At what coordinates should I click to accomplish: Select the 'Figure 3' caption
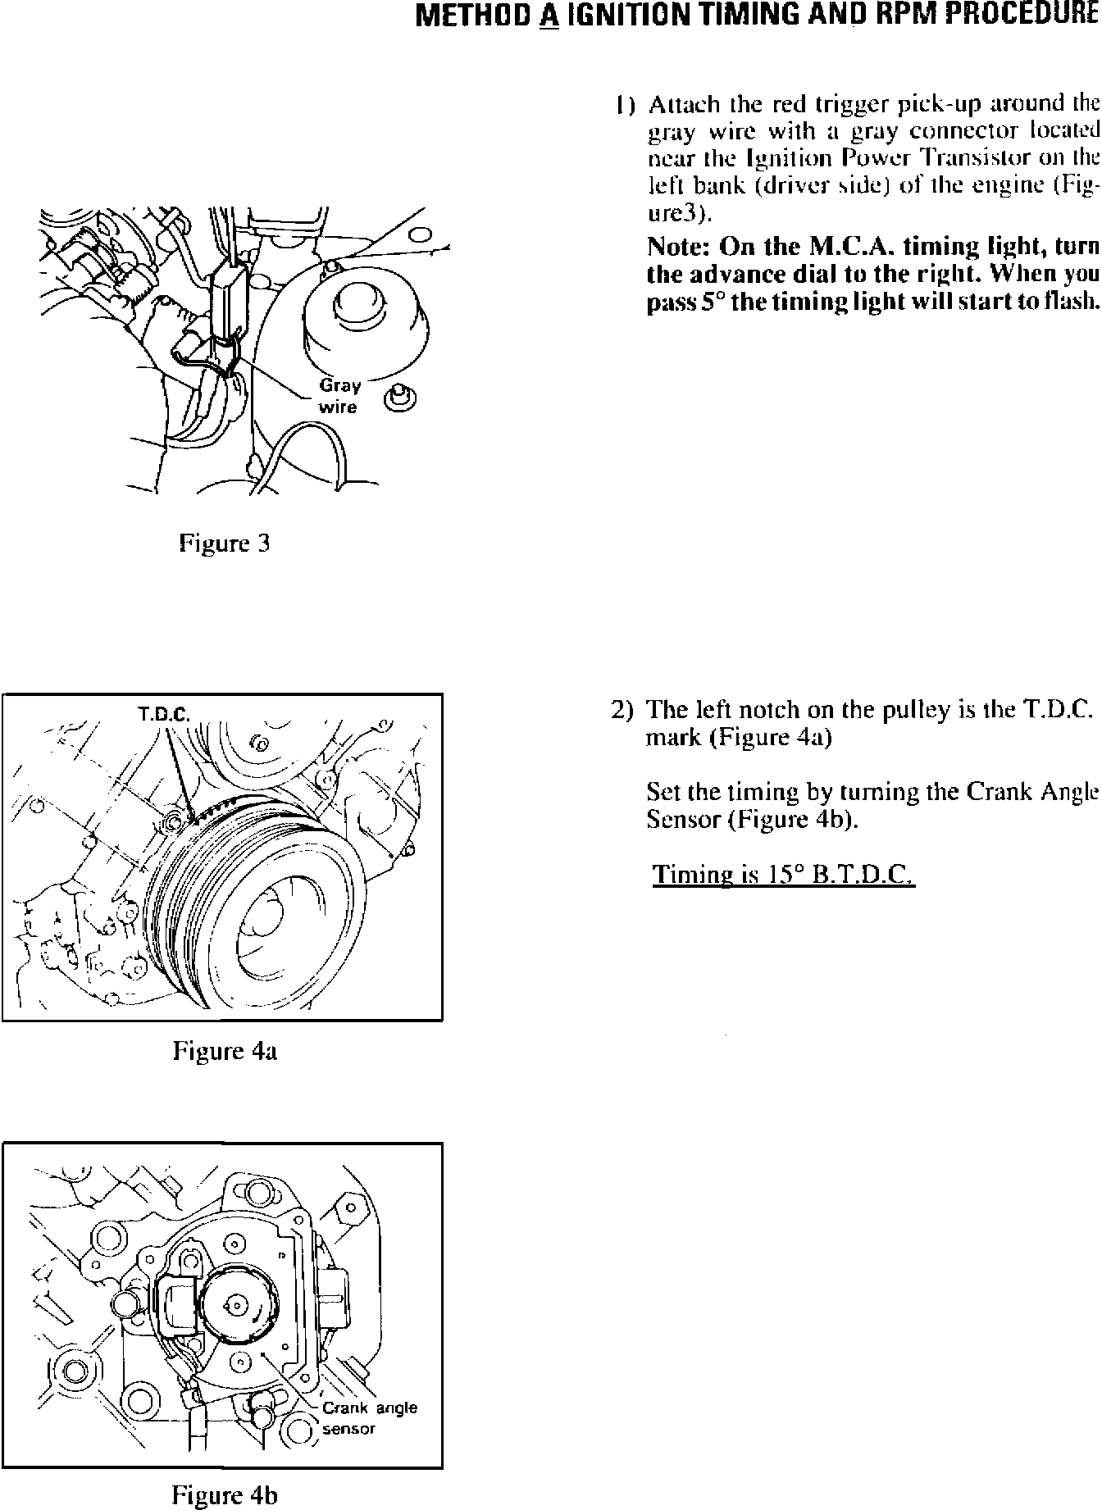pos(225,543)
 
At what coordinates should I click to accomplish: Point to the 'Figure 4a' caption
pos(225,1051)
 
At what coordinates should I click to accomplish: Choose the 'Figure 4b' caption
pos(225,1495)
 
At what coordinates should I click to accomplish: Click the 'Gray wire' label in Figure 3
pos(339,396)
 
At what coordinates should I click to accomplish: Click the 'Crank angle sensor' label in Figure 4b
pos(368,1418)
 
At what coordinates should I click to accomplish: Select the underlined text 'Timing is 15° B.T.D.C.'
pos(783,875)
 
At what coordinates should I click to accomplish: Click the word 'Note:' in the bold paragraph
pos(678,247)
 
